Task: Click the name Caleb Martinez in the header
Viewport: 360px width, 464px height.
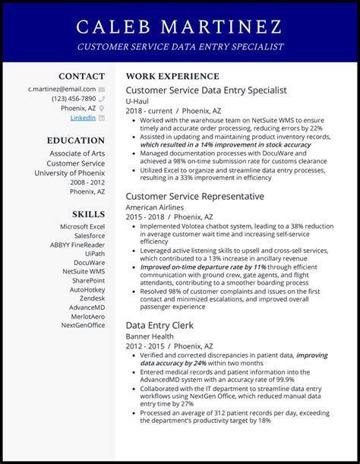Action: (x=180, y=27)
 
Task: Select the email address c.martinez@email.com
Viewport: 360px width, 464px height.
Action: (x=62, y=89)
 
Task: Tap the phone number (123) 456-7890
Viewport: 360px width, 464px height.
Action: (x=73, y=99)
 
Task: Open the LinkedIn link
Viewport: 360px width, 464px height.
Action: (x=83, y=118)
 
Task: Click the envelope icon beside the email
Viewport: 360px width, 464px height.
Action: (x=102, y=89)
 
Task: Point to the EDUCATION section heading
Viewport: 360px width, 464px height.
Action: (x=75, y=140)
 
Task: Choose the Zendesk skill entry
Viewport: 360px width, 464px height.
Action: (x=87, y=299)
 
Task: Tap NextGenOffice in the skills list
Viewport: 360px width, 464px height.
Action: (x=83, y=325)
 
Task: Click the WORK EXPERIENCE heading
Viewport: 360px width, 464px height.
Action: (x=172, y=77)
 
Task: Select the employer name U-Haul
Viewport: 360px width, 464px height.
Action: (x=138, y=100)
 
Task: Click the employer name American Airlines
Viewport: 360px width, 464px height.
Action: (x=155, y=207)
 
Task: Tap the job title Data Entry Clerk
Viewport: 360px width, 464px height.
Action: (x=159, y=325)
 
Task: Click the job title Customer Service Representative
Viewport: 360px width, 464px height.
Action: (x=195, y=197)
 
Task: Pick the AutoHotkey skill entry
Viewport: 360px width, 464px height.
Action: (x=87, y=289)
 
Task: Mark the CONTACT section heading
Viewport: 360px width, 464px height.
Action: (x=81, y=77)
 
